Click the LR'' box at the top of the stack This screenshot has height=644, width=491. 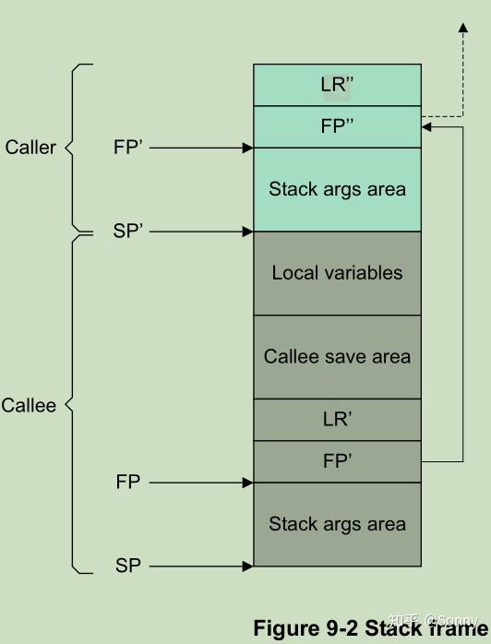pos(337,85)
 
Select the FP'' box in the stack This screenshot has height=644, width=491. pos(337,126)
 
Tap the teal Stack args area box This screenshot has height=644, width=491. pos(337,189)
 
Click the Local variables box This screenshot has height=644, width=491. pos(337,273)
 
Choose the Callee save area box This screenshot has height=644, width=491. pos(337,356)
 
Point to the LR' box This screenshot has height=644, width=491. pos(337,419)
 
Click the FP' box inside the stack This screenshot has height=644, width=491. pos(337,461)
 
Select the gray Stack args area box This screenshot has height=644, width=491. pos(337,524)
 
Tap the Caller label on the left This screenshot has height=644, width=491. pos(30,148)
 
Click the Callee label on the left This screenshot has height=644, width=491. pos(29,406)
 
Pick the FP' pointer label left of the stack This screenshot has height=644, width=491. pos(128,148)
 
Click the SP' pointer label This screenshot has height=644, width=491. pos(128,232)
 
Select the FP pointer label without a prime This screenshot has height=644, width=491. pos(128,483)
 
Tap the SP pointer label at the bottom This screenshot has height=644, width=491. pos(128,566)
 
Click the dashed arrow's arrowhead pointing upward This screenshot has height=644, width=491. pos(462,30)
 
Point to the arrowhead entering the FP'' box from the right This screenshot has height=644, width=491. pos(427,127)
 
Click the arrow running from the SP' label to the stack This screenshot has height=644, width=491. pos(198,232)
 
